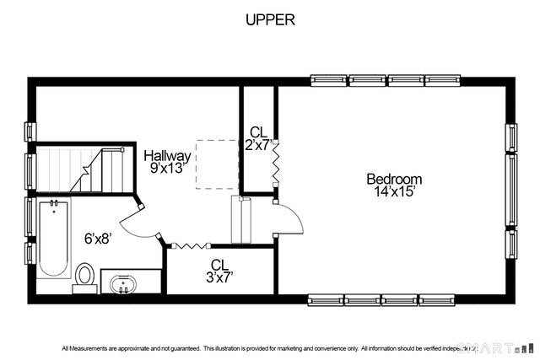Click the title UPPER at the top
tap(270, 20)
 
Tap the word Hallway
tap(165, 156)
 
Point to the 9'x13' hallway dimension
tap(165, 168)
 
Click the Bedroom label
tap(394, 179)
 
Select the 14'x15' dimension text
tap(394, 191)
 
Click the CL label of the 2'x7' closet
tap(258, 132)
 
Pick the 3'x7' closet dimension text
tap(220, 276)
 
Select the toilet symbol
tap(85, 276)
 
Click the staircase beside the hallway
tap(84, 169)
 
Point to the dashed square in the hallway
tap(218, 164)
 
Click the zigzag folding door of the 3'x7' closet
tap(191, 246)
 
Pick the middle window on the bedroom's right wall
tap(511, 189)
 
